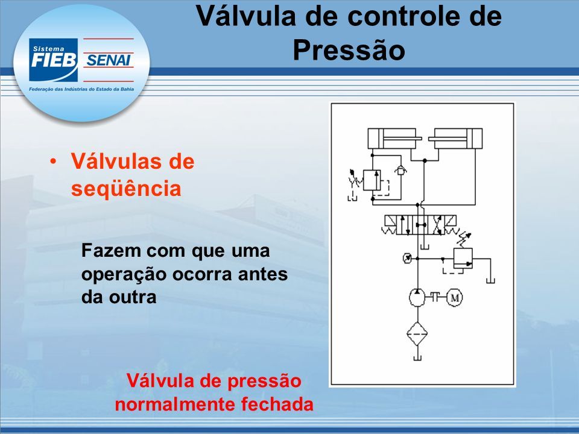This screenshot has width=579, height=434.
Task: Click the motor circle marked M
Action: (x=455, y=297)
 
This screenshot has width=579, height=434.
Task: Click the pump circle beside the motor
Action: (x=417, y=297)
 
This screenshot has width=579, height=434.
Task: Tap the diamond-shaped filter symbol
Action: (x=417, y=333)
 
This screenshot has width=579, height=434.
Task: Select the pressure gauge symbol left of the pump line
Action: (x=407, y=258)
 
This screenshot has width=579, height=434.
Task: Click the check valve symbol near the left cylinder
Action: (x=400, y=171)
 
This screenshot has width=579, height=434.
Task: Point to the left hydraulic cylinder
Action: (x=394, y=139)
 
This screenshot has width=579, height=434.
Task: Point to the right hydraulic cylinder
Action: (x=455, y=139)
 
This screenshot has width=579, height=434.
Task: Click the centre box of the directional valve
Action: (x=420, y=225)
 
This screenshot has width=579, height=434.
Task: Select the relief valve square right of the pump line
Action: (x=463, y=258)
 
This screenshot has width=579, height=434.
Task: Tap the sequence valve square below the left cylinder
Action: (x=372, y=180)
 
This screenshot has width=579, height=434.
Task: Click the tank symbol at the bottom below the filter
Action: (x=417, y=357)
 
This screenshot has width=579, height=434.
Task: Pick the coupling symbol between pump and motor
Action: (x=435, y=297)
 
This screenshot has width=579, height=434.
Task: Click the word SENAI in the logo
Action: (x=108, y=60)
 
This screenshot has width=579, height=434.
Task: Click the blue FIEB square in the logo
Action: (x=54, y=60)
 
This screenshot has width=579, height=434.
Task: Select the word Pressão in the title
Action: (x=349, y=50)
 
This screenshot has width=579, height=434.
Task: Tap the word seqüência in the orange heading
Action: (x=126, y=188)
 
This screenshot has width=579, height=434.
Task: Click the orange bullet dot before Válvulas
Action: (x=54, y=162)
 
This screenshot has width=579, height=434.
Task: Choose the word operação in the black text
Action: (x=123, y=275)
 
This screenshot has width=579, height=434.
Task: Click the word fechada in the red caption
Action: (x=277, y=404)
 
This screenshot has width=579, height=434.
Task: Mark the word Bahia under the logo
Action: (x=128, y=89)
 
